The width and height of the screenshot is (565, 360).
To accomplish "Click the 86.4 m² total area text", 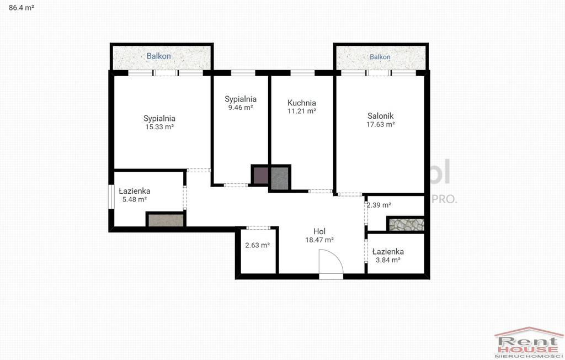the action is pos(22,7).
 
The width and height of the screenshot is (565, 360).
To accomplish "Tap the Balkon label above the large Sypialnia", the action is pos(158,56).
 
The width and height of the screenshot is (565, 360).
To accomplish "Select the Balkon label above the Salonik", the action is pos(380,57).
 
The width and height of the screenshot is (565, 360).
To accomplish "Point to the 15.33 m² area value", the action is pos(159,126).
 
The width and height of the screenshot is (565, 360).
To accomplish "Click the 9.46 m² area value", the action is pos(241,107).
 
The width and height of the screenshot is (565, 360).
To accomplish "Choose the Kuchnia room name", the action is pos(302,103).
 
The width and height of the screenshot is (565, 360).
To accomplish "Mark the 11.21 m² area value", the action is pos(302,111).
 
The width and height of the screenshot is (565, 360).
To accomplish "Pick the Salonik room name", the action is pos(381,116).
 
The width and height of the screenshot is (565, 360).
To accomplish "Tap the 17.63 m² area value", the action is pos(381,124).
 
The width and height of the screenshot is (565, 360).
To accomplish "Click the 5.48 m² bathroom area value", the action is pos(135,199).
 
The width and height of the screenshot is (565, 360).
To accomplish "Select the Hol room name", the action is pos(319,231).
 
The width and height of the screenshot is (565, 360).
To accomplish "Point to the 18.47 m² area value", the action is pos(319,240).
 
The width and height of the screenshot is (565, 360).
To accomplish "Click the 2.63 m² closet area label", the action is pos(258,245).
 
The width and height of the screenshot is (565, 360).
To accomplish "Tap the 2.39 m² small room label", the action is pos(379,205).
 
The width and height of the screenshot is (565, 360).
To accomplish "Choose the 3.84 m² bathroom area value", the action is pos(388,260).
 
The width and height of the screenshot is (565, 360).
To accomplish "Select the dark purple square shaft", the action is pos(261,176).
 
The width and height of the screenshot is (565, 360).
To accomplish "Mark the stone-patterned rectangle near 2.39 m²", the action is pos(406,224).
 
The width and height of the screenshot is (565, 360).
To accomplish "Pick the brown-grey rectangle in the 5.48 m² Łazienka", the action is pos(166,220).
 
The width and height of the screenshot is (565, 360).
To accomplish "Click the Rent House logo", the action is pos(528,343).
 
